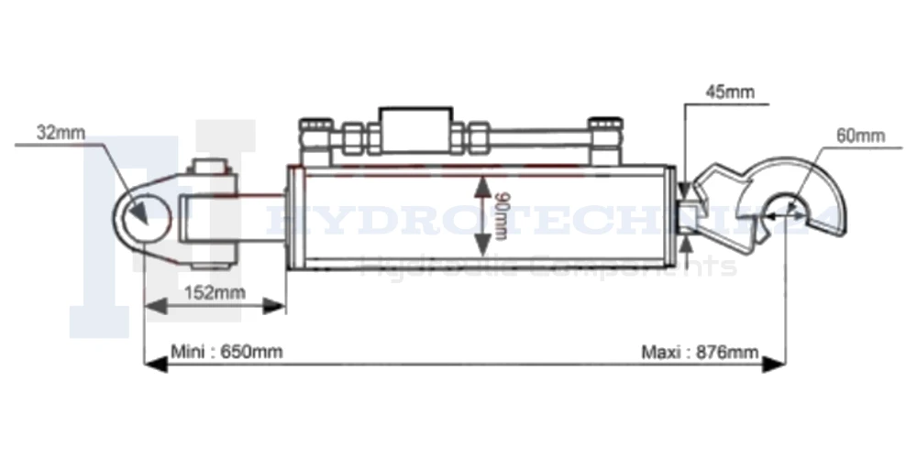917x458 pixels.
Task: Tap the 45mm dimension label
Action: pyautogui.click(x=729, y=92)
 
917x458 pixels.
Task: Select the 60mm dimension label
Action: pyautogui.click(x=859, y=136)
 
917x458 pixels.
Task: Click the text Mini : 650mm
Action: pyautogui.click(x=227, y=352)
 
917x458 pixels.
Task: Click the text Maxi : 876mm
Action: pyautogui.click(x=700, y=352)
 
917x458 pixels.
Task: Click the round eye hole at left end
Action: pyautogui.click(x=145, y=217)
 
